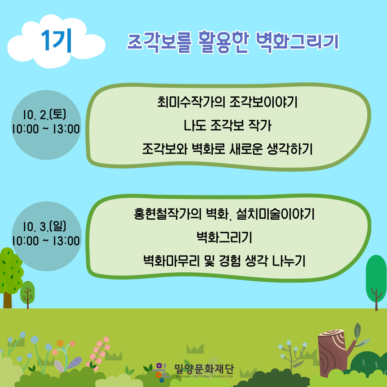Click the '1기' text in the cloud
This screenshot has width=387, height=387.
coord(57,41)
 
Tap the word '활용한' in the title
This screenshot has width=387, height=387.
coord(223,42)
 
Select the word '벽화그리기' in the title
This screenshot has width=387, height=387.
coord(297,42)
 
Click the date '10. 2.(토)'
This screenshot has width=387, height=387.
coord(45,114)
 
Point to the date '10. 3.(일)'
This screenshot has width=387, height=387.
coord(45,226)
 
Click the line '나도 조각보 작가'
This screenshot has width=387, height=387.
coord(227,125)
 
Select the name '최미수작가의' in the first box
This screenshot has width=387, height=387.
coord(191,102)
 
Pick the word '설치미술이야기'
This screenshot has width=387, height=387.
coord(275,214)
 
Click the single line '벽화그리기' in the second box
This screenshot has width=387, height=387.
coord(224,237)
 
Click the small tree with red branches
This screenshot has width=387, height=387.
coord(27,294)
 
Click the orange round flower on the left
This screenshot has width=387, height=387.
coord(60,343)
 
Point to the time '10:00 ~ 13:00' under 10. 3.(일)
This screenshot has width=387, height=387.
coord(46,241)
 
